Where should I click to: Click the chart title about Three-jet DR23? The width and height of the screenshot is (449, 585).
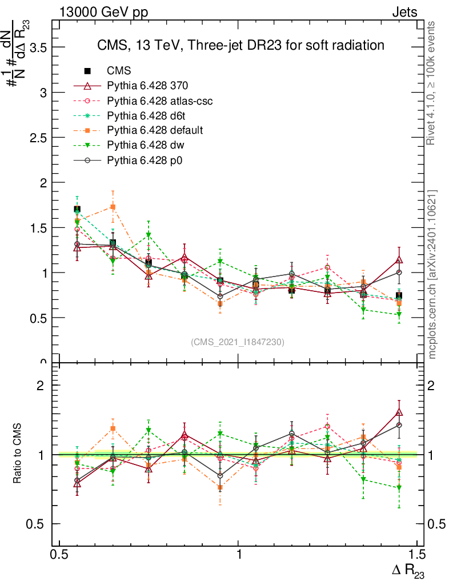tap(240, 45)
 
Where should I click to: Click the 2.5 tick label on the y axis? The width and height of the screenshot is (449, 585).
tap(38, 138)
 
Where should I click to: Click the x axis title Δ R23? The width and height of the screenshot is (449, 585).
tap(408, 571)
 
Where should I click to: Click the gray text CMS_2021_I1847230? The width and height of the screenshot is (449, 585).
tap(238, 342)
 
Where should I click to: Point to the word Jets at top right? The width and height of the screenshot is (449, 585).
tap(404, 12)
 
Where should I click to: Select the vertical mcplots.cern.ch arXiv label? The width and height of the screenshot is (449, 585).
tap(432, 274)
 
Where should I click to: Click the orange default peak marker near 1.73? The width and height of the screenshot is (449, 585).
tap(113, 207)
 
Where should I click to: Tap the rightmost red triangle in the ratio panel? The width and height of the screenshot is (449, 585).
tap(399, 412)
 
